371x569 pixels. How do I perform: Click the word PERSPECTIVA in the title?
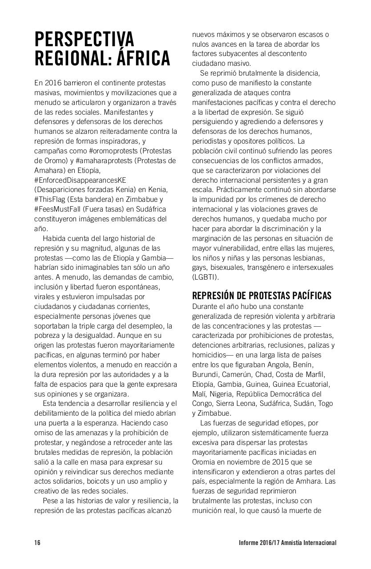(x=84, y=39)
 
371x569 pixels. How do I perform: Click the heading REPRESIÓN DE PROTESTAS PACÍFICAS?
(x=262, y=296)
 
